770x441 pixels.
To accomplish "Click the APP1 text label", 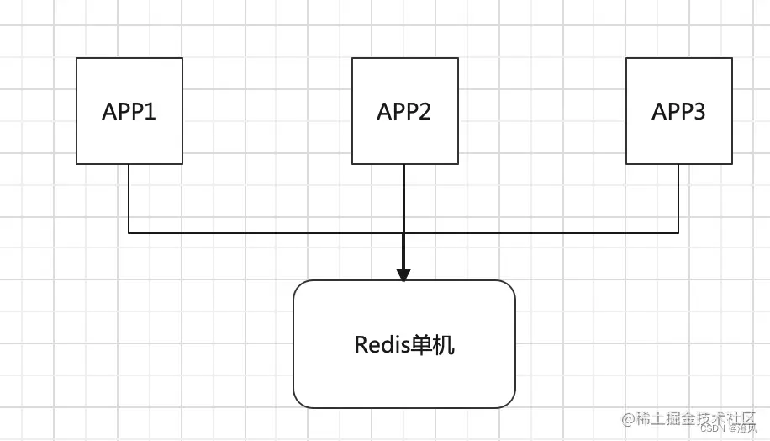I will tap(129, 112).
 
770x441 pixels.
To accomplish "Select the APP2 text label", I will tap(404, 112).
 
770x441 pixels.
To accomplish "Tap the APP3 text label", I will tap(678, 112).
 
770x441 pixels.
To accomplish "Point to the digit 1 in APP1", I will tap(151, 112).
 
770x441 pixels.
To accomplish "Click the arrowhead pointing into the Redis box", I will tap(403, 274).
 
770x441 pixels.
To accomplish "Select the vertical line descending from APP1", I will tap(129, 198).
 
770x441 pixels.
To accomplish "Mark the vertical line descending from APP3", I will tap(678, 198).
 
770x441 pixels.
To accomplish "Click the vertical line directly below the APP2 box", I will tap(404, 198).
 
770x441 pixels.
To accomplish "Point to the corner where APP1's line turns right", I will tap(129, 232).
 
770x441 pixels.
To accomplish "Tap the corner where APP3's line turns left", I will tap(678, 232).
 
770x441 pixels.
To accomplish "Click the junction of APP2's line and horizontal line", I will tap(404, 232).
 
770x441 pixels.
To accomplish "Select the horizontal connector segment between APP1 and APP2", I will tap(266, 232).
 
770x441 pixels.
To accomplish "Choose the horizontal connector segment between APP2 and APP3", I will tap(541, 232).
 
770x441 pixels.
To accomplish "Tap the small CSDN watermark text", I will tap(712, 428).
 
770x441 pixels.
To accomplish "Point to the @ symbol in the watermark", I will tap(627, 418).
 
